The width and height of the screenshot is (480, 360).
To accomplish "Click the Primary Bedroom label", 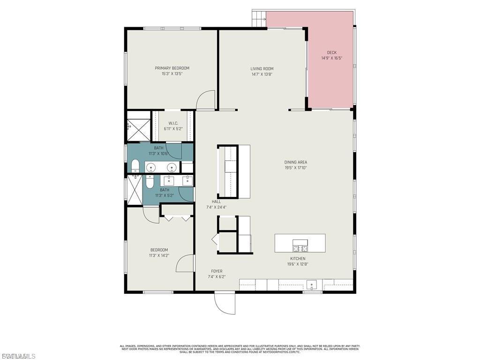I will [172, 68].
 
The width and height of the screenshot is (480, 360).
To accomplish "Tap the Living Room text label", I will [262, 68].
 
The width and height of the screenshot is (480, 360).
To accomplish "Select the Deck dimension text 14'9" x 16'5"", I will [332, 58].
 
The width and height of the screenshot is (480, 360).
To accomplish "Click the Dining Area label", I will [295, 162].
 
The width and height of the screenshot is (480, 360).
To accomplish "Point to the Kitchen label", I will [298, 258].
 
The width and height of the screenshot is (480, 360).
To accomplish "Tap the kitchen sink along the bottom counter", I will [312, 285].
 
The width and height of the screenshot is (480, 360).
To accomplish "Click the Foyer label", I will [217, 271].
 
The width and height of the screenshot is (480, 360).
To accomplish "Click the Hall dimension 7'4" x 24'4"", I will [216, 207].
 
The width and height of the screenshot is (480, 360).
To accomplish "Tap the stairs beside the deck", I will [258, 19].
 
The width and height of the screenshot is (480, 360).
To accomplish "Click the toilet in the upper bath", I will [135, 165].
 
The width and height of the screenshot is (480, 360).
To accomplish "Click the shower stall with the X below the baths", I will [134, 190].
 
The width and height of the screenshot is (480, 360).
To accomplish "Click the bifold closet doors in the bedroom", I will [177, 217].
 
